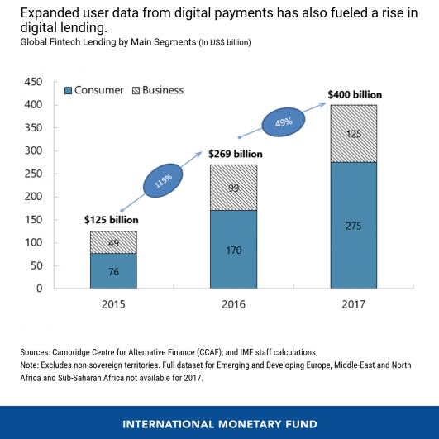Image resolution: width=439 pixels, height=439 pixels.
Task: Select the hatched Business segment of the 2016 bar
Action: [234, 187]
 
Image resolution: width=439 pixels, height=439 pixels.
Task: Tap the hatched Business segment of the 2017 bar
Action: [354, 134]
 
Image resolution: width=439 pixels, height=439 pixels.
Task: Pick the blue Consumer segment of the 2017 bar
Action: [354, 225]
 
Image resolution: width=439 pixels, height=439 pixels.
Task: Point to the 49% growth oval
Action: [284, 123]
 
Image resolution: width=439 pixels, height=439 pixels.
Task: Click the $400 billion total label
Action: [354, 94]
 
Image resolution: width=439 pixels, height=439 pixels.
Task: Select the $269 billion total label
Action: [235, 154]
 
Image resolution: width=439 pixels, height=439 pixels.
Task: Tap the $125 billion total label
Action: [111, 220]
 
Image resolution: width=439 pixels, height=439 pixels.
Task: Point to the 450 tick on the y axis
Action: [33, 82]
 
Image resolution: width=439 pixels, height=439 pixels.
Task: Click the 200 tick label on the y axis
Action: [33, 197]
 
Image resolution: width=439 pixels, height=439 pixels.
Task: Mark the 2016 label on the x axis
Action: [234, 304]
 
